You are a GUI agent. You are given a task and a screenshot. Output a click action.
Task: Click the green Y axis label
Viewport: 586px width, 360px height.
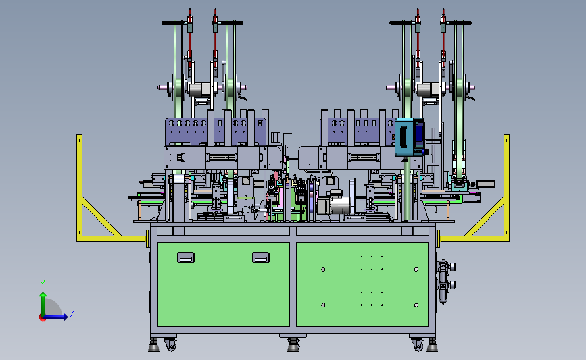(43, 284)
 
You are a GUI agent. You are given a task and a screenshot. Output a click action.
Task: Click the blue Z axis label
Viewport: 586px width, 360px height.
(72, 313)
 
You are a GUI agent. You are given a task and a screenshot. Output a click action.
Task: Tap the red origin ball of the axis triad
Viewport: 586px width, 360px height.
(42, 317)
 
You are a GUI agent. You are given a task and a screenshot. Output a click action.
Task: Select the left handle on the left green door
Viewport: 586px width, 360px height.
(186, 258)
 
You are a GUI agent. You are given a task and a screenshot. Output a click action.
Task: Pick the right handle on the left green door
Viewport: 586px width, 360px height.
(261, 258)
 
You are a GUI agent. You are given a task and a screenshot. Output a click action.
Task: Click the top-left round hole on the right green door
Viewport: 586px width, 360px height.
(323, 269)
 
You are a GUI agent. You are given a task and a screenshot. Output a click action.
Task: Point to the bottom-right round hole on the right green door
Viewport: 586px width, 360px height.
(416, 305)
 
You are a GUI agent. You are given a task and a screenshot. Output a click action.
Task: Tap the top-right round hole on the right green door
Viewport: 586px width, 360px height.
(416, 269)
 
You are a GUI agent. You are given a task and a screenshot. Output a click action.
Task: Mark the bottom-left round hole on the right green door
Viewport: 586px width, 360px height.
(323, 305)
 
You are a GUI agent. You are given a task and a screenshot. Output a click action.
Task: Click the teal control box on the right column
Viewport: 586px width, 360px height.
(410, 137)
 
